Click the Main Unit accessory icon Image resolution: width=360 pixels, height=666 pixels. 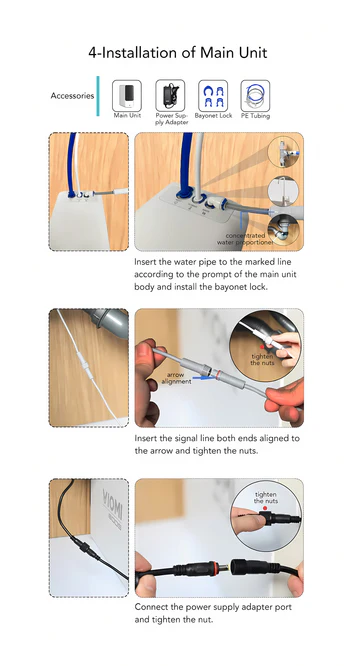(127, 96)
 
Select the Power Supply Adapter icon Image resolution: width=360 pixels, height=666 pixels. (170, 96)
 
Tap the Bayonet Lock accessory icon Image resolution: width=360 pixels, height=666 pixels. (213, 96)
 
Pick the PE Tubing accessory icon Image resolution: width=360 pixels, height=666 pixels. (255, 96)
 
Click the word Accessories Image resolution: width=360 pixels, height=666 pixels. (72, 96)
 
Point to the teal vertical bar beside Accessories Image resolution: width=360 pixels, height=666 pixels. (98, 96)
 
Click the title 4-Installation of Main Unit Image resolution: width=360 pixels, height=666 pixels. (178, 53)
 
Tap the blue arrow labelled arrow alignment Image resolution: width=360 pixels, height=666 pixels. (202, 377)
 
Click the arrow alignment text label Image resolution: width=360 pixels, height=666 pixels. (176, 378)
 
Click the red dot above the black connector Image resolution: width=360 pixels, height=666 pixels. (265, 508)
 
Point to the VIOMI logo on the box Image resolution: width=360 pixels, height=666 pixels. (113, 508)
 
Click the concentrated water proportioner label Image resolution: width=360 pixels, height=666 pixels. (245, 239)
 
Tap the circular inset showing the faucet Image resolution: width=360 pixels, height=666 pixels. (283, 192)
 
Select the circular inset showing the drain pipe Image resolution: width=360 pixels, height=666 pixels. (284, 229)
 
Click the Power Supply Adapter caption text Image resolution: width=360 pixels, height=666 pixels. (172, 119)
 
